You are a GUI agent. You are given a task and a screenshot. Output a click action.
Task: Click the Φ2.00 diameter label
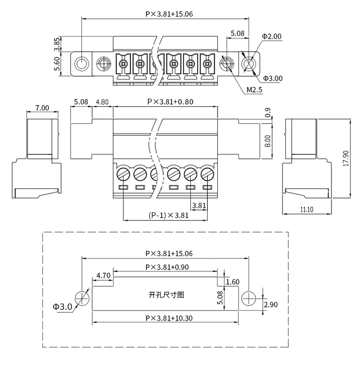click(272, 37)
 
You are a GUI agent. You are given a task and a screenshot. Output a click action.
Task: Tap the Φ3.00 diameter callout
click(273, 78)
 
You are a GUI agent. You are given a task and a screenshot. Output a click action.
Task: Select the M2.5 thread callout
click(255, 90)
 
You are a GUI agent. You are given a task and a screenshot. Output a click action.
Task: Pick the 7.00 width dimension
click(42, 108)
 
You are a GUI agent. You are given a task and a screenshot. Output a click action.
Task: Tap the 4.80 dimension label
click(102, 102)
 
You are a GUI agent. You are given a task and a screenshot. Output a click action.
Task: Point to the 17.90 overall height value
click(346, 158)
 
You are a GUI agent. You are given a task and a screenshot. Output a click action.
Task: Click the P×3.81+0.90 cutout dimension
click(167, 267)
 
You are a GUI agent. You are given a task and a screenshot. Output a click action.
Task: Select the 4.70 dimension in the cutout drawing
click(104, 275)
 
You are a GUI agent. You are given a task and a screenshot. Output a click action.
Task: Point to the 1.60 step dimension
click(232, 282)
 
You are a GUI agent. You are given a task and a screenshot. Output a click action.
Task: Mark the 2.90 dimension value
click(270, 305)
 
